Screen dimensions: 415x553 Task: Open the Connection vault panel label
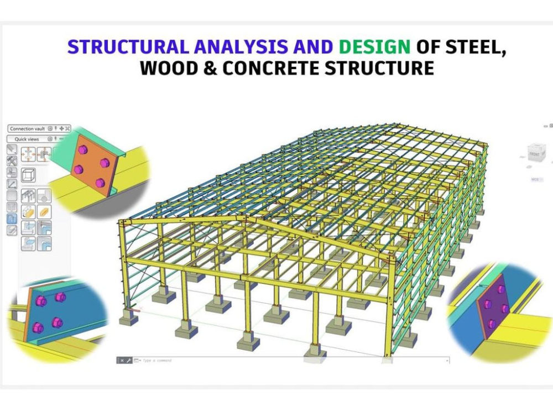point(27,128)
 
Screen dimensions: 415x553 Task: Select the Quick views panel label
point(27,139)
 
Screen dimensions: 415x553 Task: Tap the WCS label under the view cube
point(535,179)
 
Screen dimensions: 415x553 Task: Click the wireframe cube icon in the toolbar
point(28,176)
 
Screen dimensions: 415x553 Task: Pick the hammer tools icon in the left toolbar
point(12,160)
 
